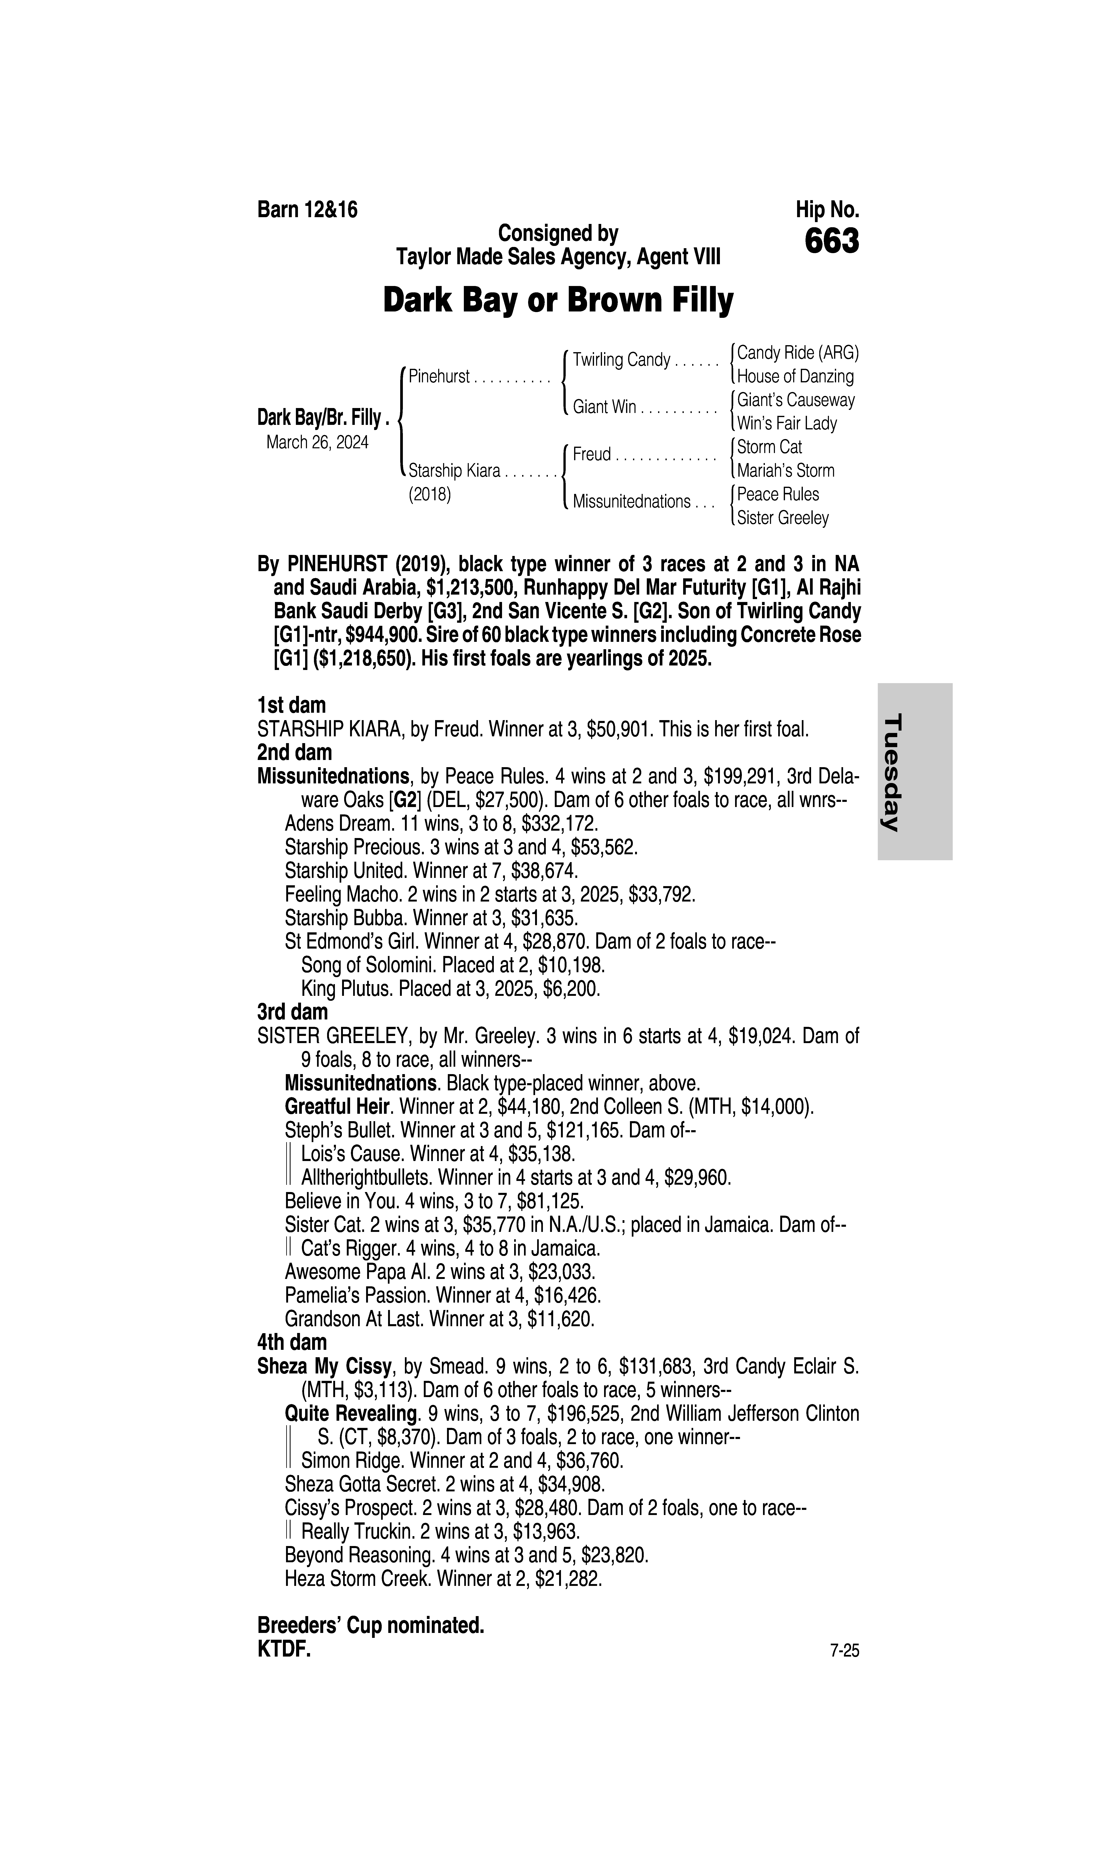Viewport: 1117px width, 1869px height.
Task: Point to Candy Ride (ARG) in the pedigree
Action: tap(797, 352)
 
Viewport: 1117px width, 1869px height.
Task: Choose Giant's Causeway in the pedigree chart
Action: tap(796, 400)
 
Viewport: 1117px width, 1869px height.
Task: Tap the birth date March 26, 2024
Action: tap(317, 442)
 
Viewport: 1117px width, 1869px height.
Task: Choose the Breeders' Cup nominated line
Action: tap(370, 1626)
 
